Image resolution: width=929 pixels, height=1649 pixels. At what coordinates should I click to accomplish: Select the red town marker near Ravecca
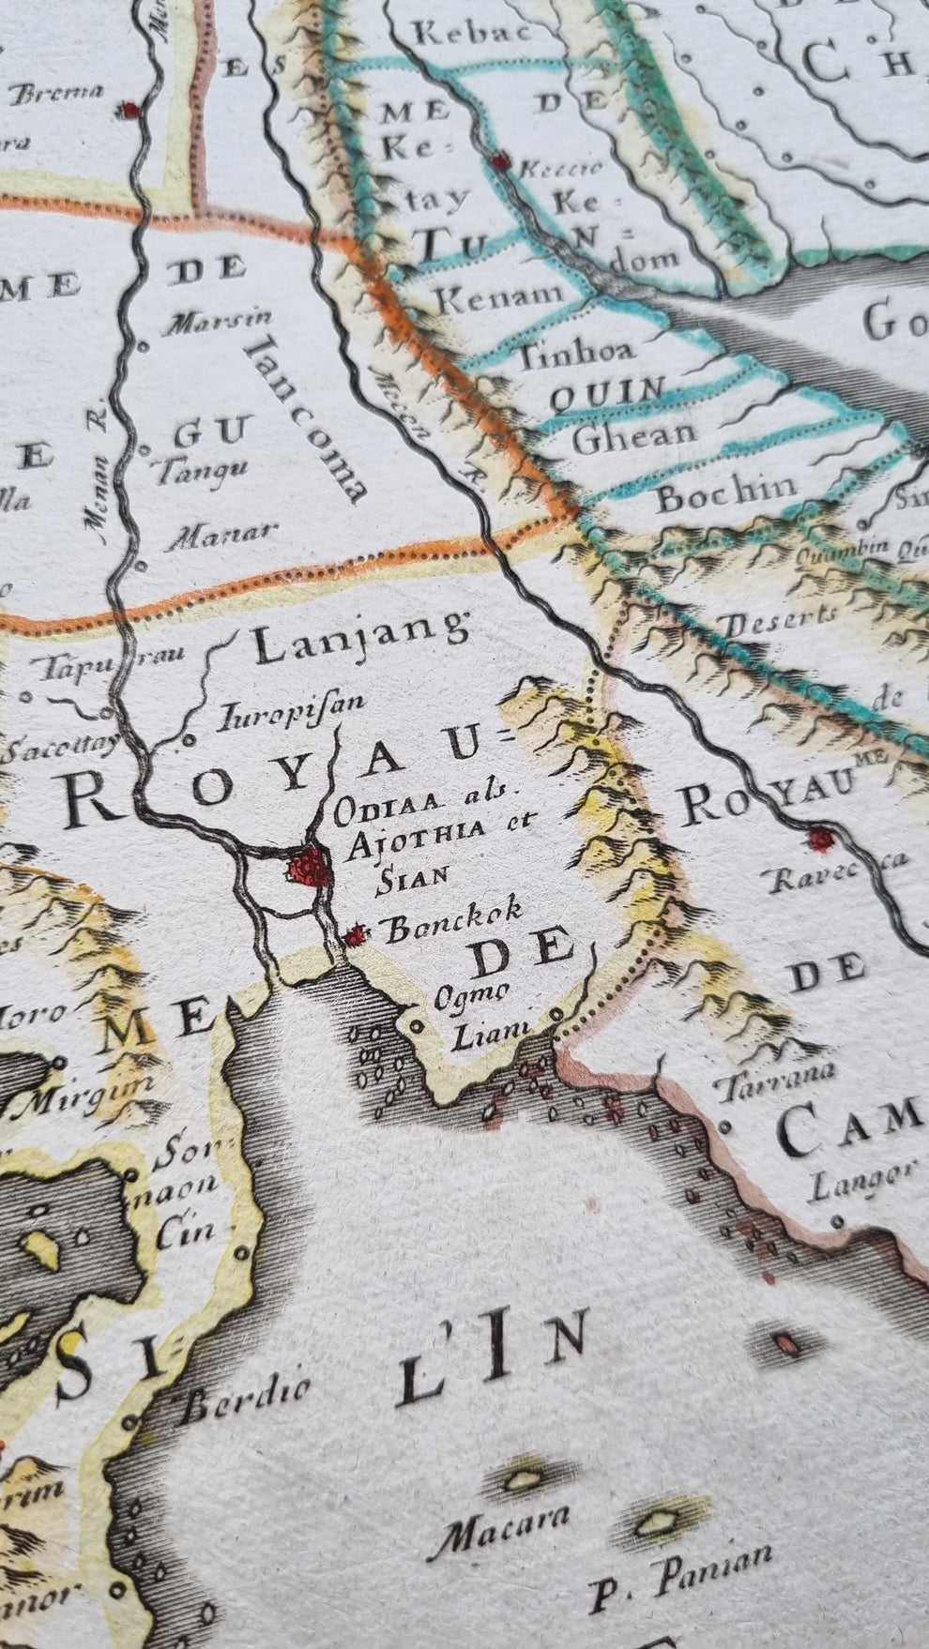pos(821,838)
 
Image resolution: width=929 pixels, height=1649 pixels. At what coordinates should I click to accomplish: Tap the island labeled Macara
pos(519,1479)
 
